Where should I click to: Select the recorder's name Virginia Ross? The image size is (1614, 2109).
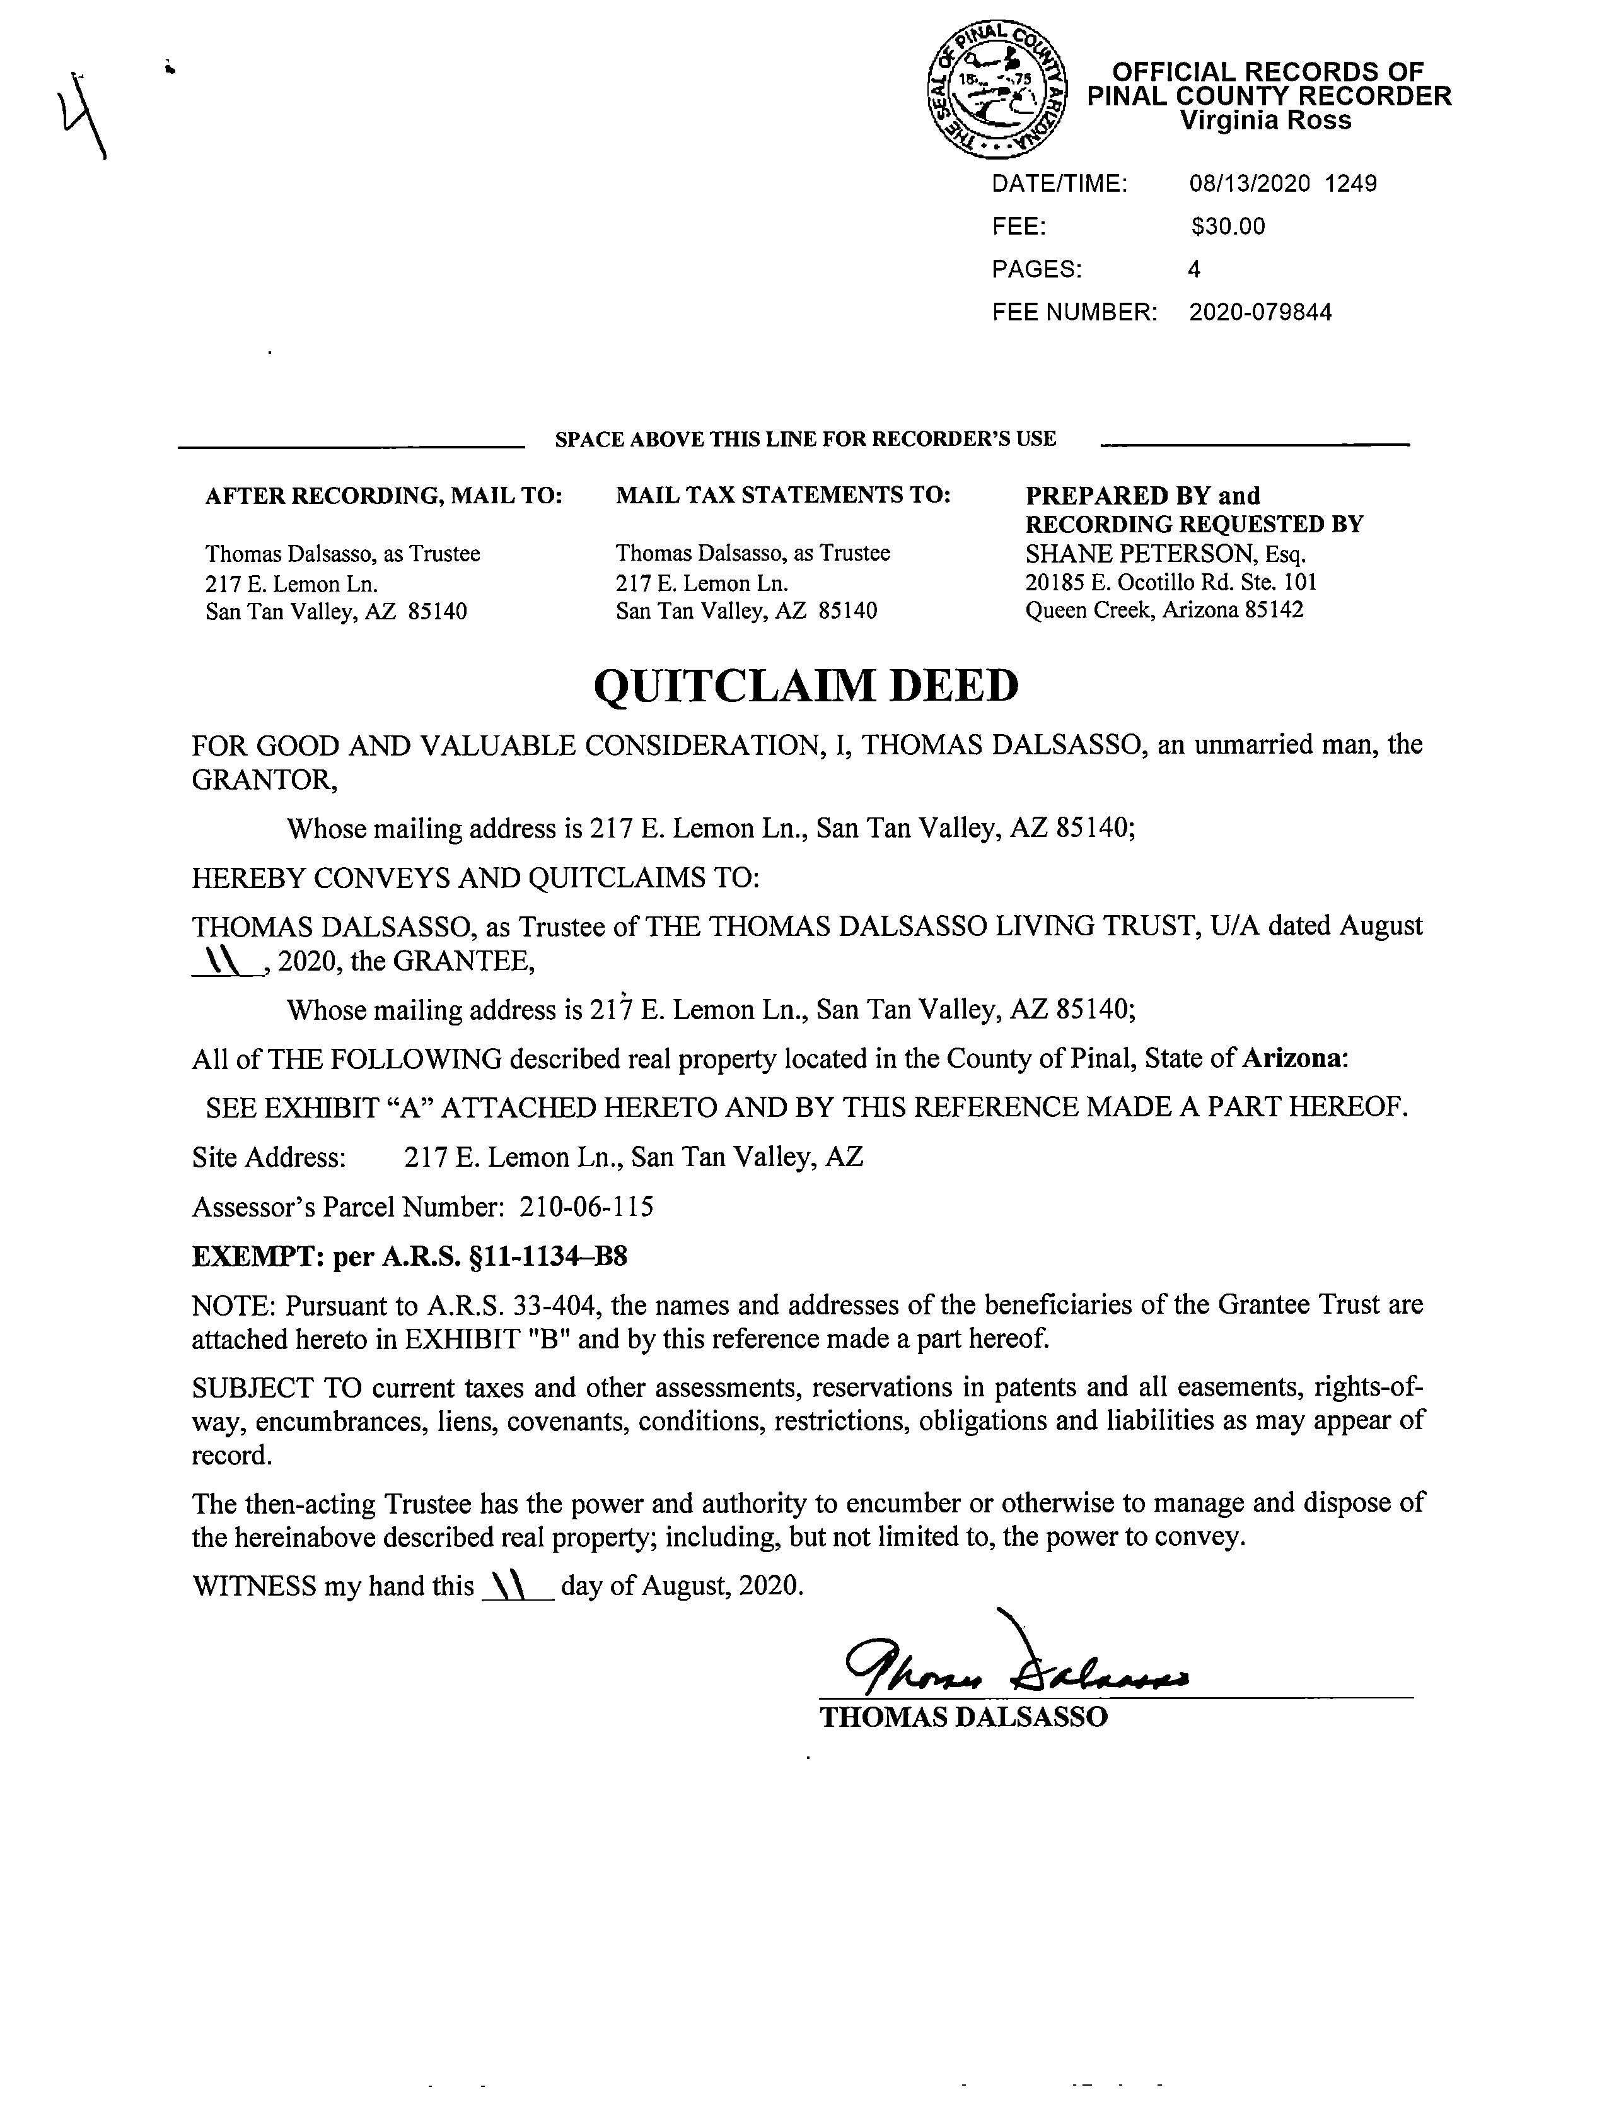pos(1265,121)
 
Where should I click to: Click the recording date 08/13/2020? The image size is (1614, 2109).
pos(1249,184)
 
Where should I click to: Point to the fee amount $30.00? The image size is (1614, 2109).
pos(1228,227)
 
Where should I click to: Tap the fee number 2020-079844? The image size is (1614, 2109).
pos(1260,312)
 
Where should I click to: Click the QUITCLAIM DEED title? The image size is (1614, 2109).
pos(806,686)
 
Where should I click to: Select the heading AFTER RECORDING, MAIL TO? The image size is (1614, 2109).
pos(383,496)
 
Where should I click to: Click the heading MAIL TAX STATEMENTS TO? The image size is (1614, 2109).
pos(783,495)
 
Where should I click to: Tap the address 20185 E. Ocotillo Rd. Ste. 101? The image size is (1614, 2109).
pos(1171,582)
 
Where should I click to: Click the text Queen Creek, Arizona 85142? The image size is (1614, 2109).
pos(1164,610)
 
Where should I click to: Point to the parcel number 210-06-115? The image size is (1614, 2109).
pos(587,1206)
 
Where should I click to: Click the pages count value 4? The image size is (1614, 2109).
pos(1194,270)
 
